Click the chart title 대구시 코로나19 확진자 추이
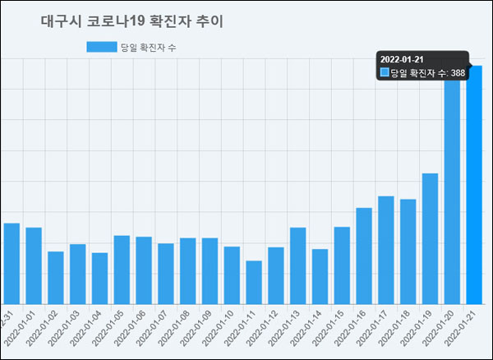pyautogui.click(x=131, y=21)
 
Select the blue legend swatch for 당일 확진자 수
pyautogui.click(x=102, y=47)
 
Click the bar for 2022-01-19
pyautogui.click(x=430, y=238)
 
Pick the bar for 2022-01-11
pyautogui.click(x=254, y=282)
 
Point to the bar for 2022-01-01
pyautogui.click(x=34, y=265)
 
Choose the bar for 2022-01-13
pyautogui.click(x=298, y=265)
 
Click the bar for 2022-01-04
pyautogui.click(x=99, y=278)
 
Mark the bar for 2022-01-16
pyautogui.click(x=364, y=255)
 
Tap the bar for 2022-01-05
pyautogui.click(x=122, y=269)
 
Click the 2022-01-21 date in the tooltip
pyautogui.click(x=403, y=59)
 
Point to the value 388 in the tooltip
pyautogui.click(x=458, y=73)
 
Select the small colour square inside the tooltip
pyautogui.click(x=385, y=73)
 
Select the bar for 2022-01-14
pyautogui.click(x=320, y=275)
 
